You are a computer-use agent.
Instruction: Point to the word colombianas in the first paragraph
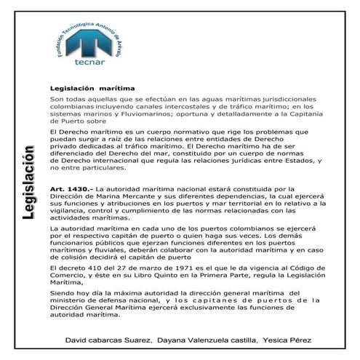click(74, 107)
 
